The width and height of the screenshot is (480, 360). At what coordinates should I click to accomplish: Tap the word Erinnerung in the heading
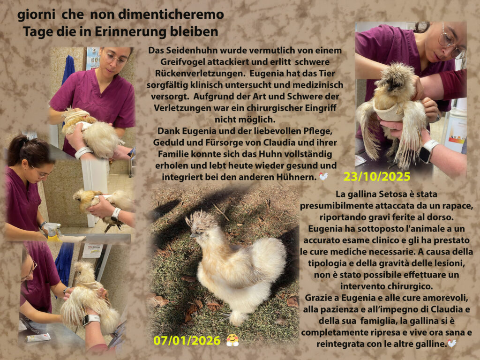[130, 32]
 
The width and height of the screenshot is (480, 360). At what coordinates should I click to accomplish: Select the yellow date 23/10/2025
[376, 177]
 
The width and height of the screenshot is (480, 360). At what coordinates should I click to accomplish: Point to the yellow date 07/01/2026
[187, 340]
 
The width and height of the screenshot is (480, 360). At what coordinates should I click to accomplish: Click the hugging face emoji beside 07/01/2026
[232, 340]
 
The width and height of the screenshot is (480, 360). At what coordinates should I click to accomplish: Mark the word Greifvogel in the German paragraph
[183, 62]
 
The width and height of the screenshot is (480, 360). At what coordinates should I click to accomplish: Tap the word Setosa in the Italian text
[393, 194]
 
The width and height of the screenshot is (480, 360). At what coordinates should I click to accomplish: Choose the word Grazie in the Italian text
[316, 298]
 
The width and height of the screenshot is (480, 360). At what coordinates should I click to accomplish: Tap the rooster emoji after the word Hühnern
[323, 177]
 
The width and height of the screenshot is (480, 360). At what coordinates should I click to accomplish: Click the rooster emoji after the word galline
[452, 344]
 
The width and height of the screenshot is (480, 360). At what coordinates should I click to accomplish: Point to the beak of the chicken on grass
[193, 235]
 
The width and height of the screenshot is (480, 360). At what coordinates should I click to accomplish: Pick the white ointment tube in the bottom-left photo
[38, 337]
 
